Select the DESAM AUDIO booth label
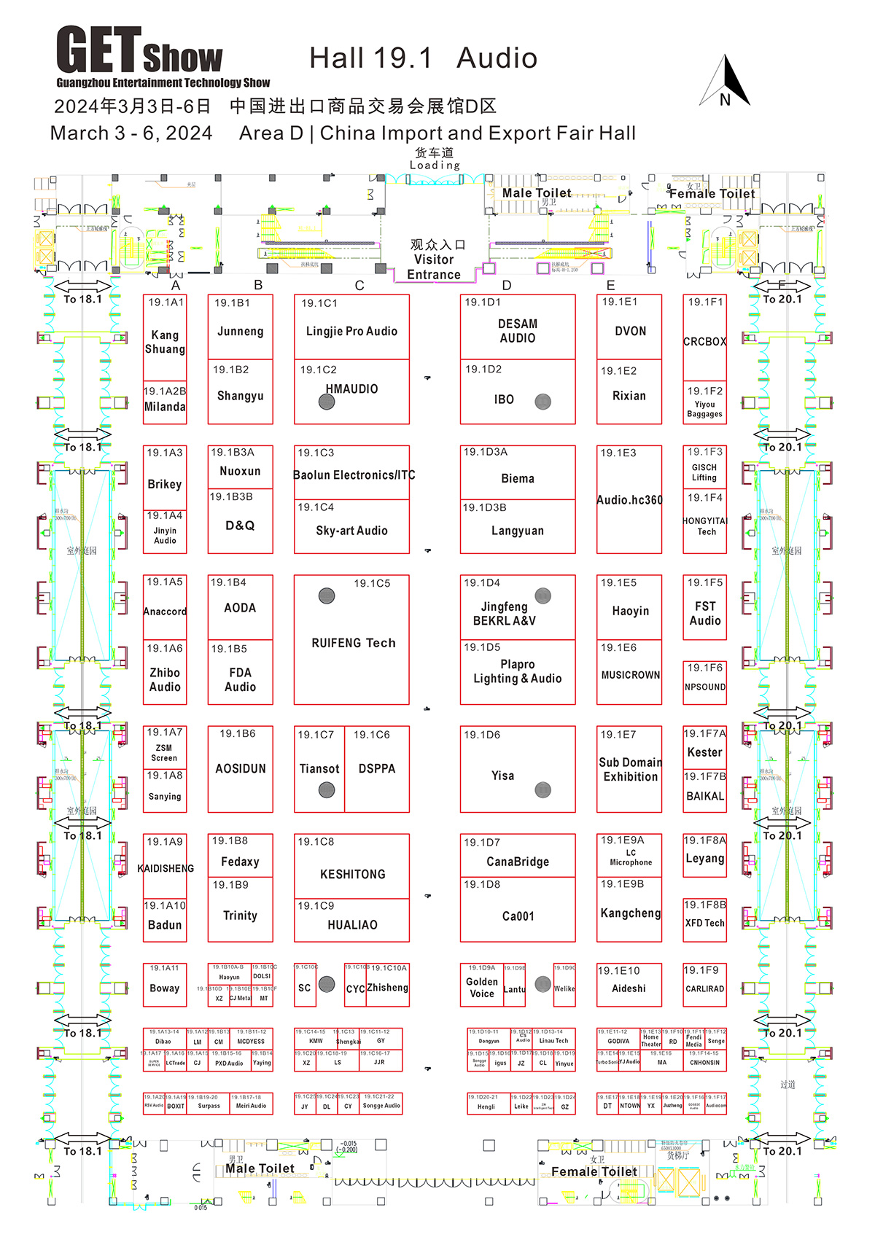click(x=517, y=331)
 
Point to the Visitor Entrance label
click(x=434, y=260)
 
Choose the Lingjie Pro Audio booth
click(x=351, y=332)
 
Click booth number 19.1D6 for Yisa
click(x=482, y=735)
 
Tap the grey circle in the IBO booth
click(x=542, y=402)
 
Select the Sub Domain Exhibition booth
click(x=630, y=770)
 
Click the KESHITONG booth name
click(x=352, y=874)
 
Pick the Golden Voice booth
click(x=481, y=988)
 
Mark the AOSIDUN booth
click(x=240, y=769)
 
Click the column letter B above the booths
click(x=258, y=285)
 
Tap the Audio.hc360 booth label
click(x=629, y=500)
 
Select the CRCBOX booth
click(x=704, y=341)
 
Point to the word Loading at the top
click(x=435, y=165)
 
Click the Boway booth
click(x=165, y=988)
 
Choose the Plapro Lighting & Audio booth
click(x=517, y=671)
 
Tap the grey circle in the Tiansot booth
click(x=327, y=789)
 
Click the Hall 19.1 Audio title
click(x=423, y=58)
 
